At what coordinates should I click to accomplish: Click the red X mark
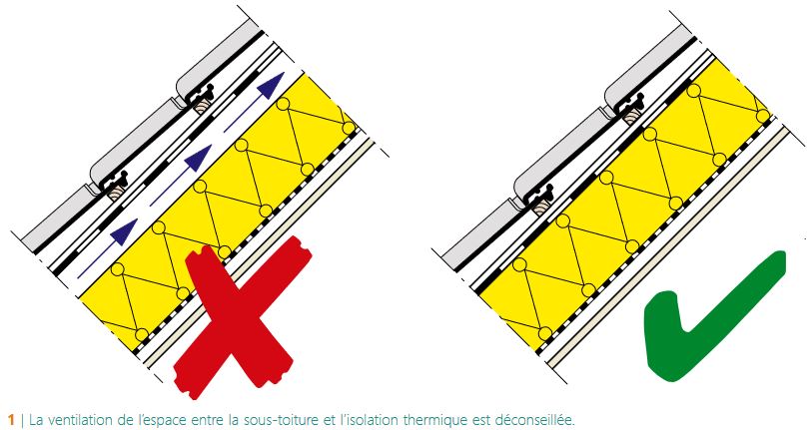point(240,316)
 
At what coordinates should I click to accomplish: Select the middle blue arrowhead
point(199,158)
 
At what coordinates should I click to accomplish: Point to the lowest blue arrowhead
point(125,231)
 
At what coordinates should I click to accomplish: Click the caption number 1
point(11,420)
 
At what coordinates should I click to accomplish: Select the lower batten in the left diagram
point(115,197)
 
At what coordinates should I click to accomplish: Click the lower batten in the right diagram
point(541,208)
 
